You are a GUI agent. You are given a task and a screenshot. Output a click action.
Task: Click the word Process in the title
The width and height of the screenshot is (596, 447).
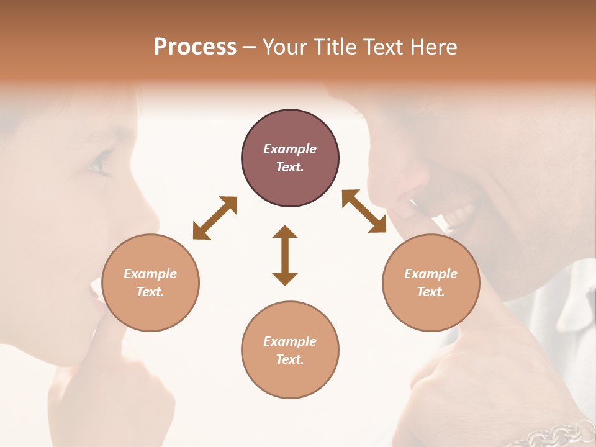click(x=195, y=47)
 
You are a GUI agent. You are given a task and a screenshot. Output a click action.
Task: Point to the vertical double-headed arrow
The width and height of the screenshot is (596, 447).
click(x=285, y=256)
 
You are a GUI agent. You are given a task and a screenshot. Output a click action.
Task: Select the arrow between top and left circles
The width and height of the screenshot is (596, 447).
click(x=215, y=218)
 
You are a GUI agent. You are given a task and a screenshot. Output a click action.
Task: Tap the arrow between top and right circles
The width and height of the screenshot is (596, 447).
click(x=364, y=212)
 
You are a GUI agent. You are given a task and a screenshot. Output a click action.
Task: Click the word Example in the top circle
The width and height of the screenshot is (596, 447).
click(x=290, y=149)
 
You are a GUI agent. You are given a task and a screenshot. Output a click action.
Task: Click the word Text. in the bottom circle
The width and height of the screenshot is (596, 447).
click(x=290, y=359)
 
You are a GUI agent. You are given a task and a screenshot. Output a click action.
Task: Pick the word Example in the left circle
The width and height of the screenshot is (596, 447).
click(x=150, y=274)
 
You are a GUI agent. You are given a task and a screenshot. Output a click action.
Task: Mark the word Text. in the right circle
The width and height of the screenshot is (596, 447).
click(x=431, y=292)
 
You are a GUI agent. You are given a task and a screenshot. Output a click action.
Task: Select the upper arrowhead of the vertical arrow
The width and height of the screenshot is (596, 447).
click(x=285, y=233)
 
